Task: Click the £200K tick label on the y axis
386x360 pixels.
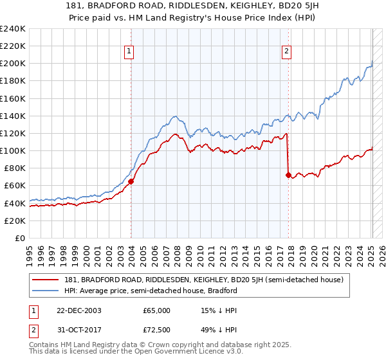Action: point(12,64)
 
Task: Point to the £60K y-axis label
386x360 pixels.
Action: point(14,185)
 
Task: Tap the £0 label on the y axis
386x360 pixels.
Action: point(20,238)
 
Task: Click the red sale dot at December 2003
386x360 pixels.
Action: point(131,181)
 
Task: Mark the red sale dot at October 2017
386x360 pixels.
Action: point(288,175)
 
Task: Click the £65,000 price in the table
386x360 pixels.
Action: point(157,310)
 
